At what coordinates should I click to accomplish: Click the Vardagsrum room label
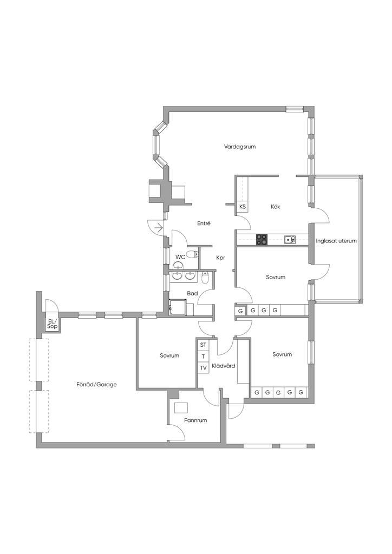[x=240, y=146]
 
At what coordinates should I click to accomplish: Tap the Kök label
[x=276, y=207]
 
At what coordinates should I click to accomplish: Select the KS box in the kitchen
[x=243, y=207]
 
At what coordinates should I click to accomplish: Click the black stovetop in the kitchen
[x=262, y=240]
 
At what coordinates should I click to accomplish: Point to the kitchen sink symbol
[x=290, y=240]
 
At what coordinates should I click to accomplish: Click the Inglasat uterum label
[x=336, y=241]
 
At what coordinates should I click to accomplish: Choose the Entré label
[x=204, y=223]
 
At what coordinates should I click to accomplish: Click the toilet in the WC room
[x=192, y=254]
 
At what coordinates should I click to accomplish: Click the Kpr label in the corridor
[x=220, y=258]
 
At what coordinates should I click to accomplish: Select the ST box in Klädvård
[x=203, y=345]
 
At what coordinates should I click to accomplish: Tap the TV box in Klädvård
[x=203, y=368]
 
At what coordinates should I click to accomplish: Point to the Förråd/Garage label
[x=96, y=385]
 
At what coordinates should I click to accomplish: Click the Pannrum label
[x=195, y=420]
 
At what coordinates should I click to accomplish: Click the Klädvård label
[x=224, y=366]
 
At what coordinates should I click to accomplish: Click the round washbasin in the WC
[x=179, y=265]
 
